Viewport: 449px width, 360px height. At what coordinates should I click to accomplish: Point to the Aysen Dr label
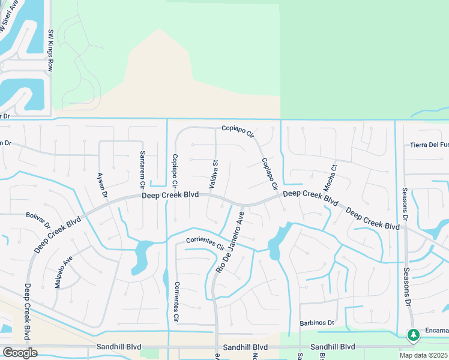pos(102,185)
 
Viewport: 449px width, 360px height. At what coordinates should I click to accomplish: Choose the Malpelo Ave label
pos(64,272)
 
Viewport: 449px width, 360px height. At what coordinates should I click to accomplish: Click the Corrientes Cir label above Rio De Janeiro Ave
pos(205,243)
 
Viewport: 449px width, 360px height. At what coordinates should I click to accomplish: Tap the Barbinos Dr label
pos(316,323)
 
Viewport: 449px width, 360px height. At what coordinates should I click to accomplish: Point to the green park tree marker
pos(413,335)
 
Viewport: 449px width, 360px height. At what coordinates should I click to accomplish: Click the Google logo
pos(20,353)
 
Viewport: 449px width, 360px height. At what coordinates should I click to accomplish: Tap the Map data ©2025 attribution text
pos(424,355)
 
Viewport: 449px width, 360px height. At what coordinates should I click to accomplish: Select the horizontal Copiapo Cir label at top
pos(238,128)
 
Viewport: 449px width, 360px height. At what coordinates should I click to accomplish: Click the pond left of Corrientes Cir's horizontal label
pos(142,255)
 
